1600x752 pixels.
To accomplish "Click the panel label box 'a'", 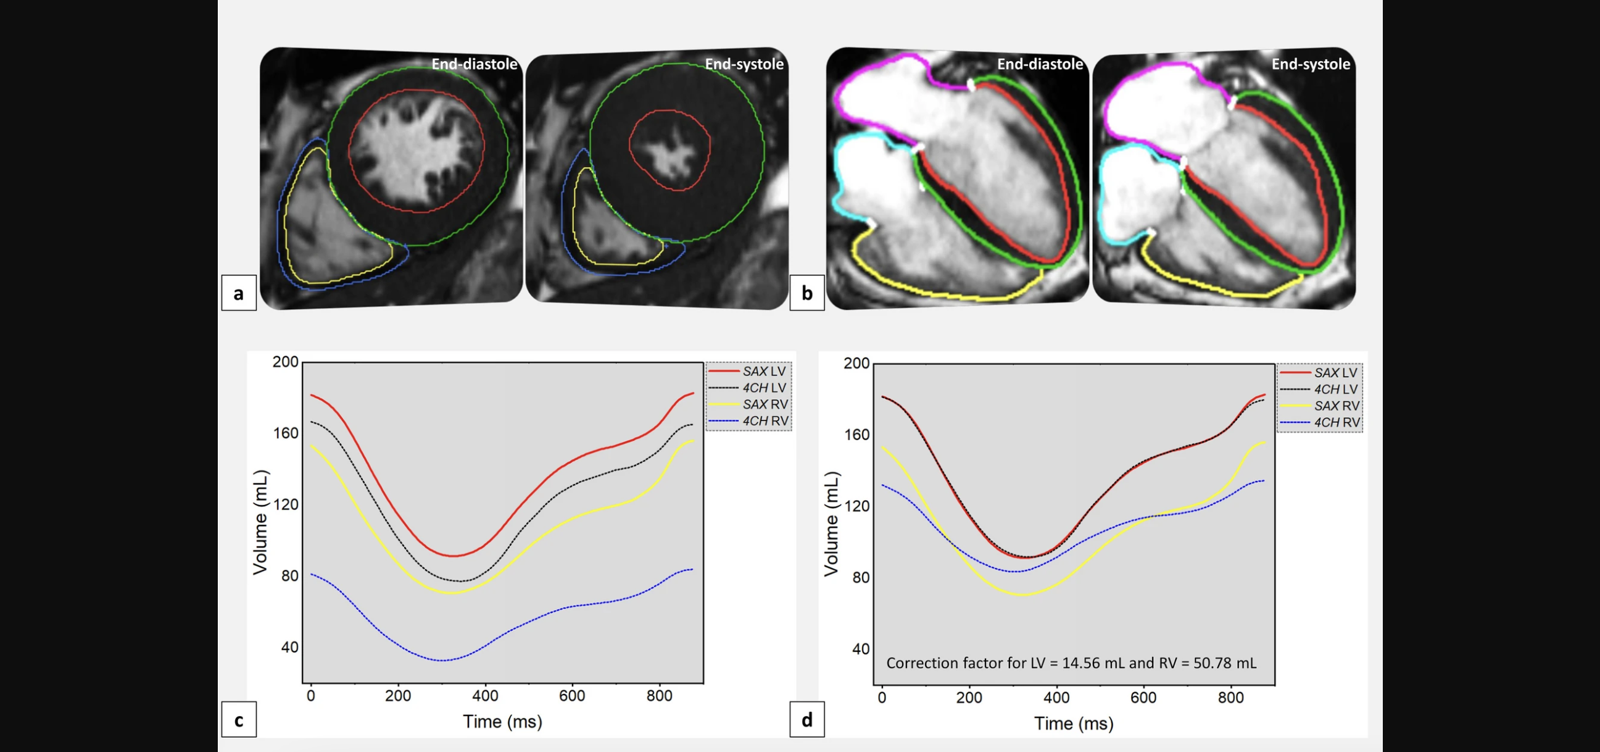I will point(239,293).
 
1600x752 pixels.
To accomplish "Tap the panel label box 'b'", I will point(807,293).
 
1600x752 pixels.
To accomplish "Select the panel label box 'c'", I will point(239,720).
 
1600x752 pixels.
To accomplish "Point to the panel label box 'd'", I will point(807,720).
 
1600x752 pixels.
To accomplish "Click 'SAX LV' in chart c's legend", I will point(763,371).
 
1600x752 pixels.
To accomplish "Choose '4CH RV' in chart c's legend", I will point(765,420).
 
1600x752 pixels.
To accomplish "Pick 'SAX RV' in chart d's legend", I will point(1336,406).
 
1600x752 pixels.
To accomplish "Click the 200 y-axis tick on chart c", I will point(285,362).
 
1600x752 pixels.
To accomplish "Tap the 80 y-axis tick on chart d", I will point(860,577).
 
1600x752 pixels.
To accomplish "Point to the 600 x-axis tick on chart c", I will point(571,695).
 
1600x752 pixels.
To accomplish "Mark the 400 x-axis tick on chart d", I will point(1056,697).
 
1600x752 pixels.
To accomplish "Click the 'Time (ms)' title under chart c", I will point(502,722).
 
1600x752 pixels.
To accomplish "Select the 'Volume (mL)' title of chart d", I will point(831,524).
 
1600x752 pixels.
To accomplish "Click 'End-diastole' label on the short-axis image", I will point(474,64).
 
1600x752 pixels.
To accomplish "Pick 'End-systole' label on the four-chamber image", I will point(1311,64).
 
